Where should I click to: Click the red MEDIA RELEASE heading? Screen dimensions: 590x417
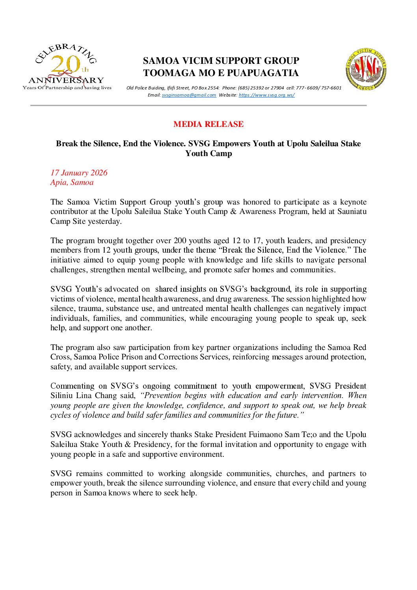[x=208, y=124]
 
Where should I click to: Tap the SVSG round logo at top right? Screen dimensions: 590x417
[x=366, y=69]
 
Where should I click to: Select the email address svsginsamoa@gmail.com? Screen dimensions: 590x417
[x=189, y=95]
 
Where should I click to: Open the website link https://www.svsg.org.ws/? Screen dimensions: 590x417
[x=266, y=95]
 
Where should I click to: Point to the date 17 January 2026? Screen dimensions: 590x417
[x=79, y=173]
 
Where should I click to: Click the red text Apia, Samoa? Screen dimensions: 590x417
[x=72, y=182]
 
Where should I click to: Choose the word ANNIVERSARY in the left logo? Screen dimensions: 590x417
[x=66, y=80]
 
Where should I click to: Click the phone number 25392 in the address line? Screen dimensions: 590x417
[x=256, y=88]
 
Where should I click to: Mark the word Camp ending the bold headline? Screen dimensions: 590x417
[x=222, y=154]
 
